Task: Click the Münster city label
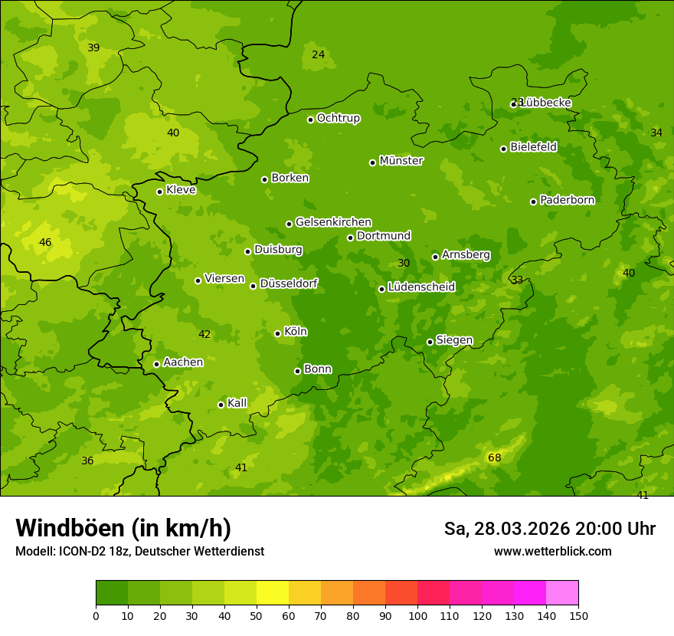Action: click(x=401, y=161)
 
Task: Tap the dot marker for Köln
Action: click(x=277, y=333)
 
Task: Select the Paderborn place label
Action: click(x=567, y=200)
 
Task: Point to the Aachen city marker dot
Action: click(x=156, y=364)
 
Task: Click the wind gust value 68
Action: click(x=495, y=458)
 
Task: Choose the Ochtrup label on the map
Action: click(x=338, y=118)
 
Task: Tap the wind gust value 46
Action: click(x=45, y=243)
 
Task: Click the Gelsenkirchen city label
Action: click(x=333, y=222)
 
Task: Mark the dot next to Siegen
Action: click(x=430, y=342)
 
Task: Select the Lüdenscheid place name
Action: click(x=421, y=287)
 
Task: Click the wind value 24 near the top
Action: click(x=319, y=54)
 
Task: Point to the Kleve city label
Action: click(x=181, y=190)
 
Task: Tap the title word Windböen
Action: click(x=70, y=528)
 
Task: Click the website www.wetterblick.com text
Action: click(x=552, y=551)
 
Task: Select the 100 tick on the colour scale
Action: click(x=417, y=616)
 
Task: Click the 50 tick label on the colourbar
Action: click(x=257, y=616)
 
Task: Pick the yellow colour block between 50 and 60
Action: click(x=273, y=592)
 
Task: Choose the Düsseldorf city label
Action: click(x=289, y=284)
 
